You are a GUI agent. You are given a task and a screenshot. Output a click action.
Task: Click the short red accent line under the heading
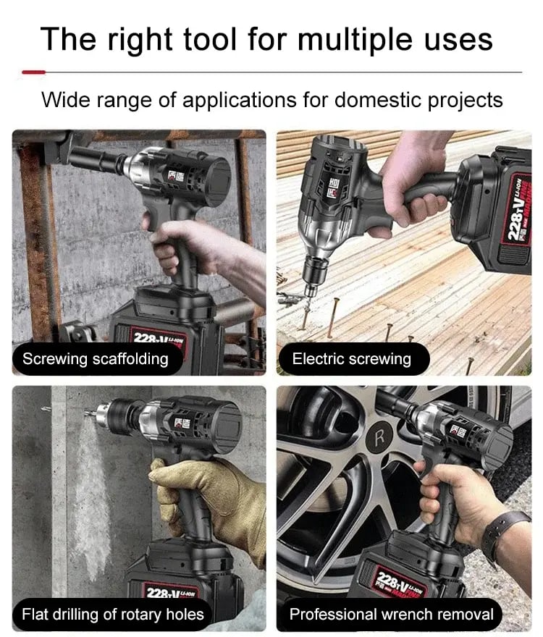(33, 72)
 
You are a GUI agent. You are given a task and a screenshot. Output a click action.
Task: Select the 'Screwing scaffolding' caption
(95, 359)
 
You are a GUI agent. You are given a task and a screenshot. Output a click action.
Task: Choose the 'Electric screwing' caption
(351, 359)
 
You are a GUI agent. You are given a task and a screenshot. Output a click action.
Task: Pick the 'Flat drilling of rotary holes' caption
(113, 615)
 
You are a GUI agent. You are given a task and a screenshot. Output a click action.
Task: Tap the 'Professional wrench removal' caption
(391, 615)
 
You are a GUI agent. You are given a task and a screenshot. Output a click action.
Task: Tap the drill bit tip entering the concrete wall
(88, 415)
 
